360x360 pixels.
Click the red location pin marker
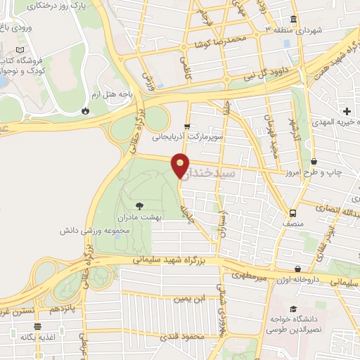pos(181,165)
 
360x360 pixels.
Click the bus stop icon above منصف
pos(290,213)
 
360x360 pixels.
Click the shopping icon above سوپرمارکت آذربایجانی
pos(186,126)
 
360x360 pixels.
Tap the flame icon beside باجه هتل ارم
pos(86,110)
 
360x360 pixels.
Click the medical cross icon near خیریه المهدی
pos(347,111)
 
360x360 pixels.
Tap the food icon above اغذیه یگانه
pos(37,326)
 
